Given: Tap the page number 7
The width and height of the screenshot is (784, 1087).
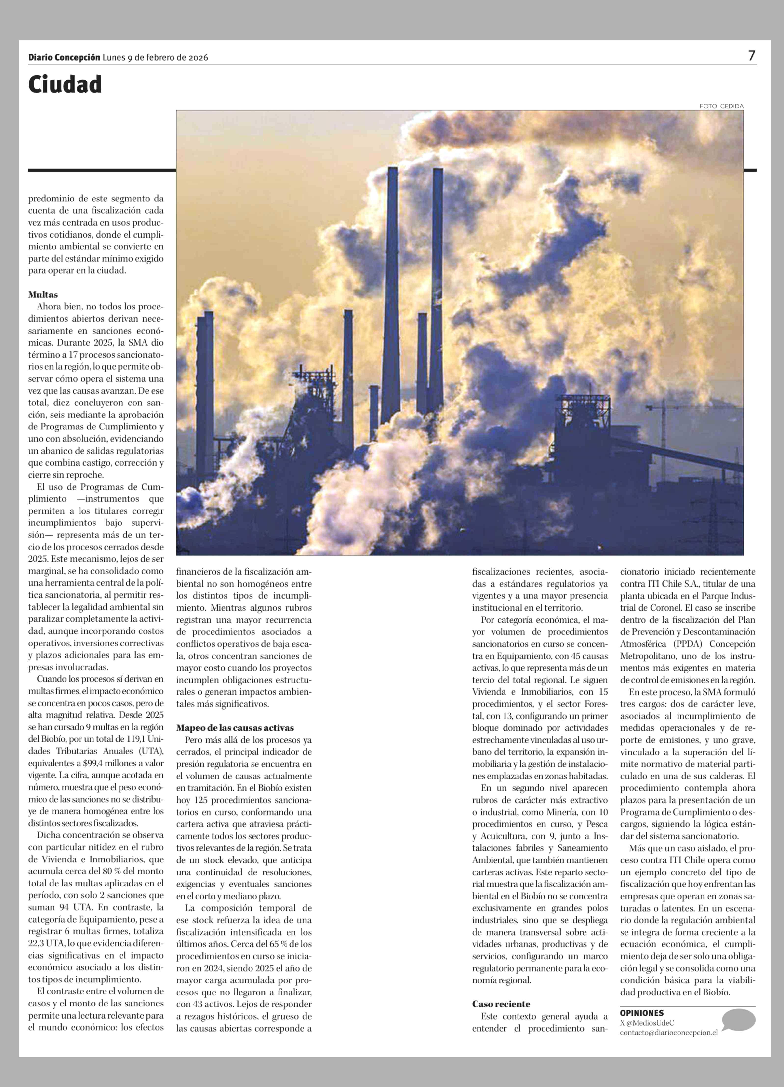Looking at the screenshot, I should coord(751,56).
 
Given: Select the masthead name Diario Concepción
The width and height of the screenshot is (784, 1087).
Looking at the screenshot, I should coord(64,57).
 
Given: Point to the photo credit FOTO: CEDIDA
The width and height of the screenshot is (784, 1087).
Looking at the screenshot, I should coord(721,107).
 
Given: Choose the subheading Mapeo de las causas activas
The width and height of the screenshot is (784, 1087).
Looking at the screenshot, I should coord(235,727).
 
